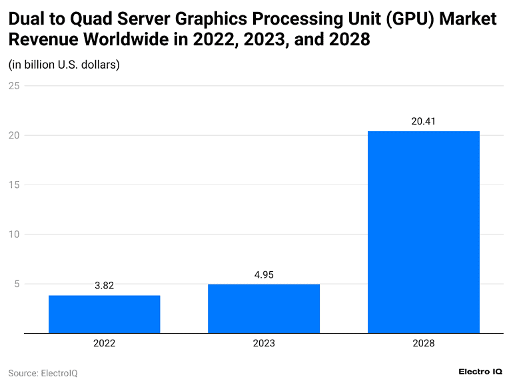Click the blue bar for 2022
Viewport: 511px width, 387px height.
coord(104,314)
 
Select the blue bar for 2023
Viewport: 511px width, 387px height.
coord(264,308)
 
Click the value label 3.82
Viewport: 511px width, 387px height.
coord(104,285)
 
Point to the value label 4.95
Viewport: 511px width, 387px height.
coord(264,274)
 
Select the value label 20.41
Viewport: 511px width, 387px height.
coord(423,121)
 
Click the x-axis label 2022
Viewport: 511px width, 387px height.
coord(104,344)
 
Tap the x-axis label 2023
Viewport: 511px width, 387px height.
coord(264,344)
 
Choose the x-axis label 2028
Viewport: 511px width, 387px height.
coord(423,344)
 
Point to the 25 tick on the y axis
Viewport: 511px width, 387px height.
coord(13,86)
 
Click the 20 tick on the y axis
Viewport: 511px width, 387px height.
coord(13,135)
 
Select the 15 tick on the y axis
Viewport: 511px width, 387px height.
coord(13,185)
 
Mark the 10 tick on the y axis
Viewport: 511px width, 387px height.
coord(13,234)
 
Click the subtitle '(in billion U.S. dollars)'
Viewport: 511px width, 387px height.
coord(63,65)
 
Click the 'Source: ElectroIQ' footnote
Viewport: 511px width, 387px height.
coord(43,373)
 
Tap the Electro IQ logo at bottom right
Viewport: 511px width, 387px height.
coord(480,372)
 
